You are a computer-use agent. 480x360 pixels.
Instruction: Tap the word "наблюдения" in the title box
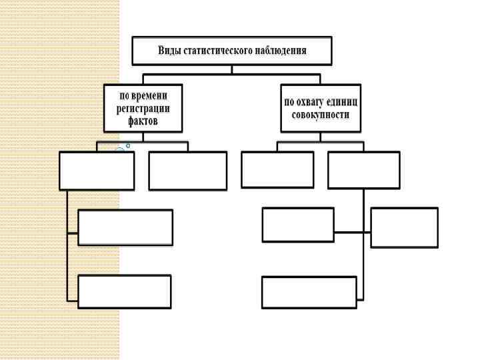280,51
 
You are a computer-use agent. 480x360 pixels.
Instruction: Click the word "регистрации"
143,109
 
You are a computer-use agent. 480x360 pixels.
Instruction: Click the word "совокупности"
321,115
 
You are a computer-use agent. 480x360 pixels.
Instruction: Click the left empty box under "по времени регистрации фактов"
97,171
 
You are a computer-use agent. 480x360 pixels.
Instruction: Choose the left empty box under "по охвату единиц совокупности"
277,169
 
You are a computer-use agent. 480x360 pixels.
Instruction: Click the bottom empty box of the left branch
124,291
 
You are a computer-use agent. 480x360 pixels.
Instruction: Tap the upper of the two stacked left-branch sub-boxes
125,227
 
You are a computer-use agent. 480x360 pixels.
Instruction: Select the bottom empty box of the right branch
309,292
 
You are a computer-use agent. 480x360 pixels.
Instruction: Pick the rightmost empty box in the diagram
404,227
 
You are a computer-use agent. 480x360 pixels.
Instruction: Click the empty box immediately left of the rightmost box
298,225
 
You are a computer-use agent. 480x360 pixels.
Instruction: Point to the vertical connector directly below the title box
232,69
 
